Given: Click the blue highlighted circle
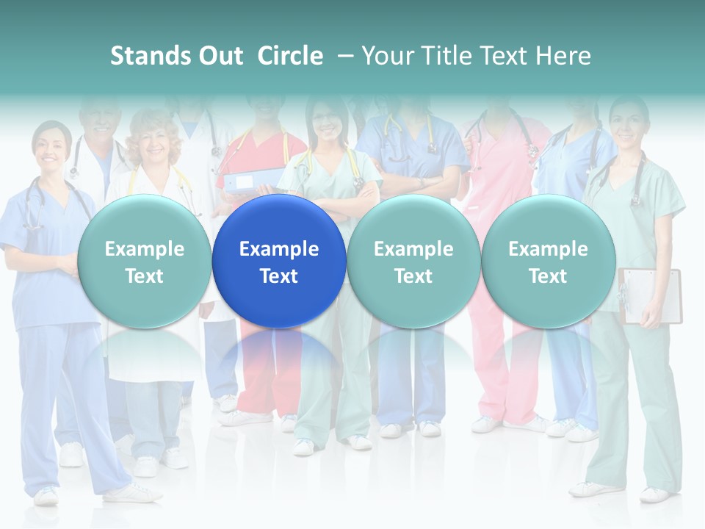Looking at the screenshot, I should [x=279, y=262].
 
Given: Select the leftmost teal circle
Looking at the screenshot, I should [x=144, y=262].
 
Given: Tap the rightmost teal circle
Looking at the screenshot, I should [x=548, y=262].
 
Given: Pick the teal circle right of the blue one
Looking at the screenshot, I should [x=413, y=262].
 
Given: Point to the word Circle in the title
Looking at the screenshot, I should [x=290, y=56].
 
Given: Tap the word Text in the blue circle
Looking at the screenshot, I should [x=279, y=276].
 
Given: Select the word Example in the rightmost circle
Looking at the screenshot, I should [x=548, y=249].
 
